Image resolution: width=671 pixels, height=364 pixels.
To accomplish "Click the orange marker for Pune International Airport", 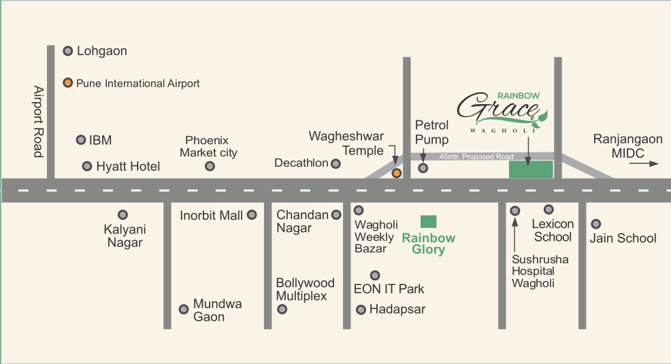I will (68, 83).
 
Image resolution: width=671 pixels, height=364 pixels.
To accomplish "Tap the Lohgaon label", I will (101, 51).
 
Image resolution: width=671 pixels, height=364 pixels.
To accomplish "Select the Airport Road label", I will (39, 122).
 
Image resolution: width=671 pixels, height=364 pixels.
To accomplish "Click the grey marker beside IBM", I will (80, 139).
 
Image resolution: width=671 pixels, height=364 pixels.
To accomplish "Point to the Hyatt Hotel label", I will (128, 167).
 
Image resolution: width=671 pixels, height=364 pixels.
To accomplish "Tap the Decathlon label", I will (301, 163).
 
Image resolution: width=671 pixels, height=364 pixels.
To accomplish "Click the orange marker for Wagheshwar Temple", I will (397, 173).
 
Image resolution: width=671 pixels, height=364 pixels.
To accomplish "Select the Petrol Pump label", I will (432, 132).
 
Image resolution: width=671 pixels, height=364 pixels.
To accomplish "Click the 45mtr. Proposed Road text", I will (476, 157).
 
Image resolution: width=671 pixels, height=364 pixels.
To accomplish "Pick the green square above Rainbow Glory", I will (428, 221).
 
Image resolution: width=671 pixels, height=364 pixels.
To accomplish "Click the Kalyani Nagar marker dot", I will (122, 214).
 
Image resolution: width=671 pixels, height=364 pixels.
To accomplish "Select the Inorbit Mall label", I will (211, 216).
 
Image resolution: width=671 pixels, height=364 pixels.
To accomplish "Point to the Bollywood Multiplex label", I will (305, 289).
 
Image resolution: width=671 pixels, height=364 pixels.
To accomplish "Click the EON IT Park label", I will (389, 289).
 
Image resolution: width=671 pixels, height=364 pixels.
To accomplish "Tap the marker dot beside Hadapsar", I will (361, 310).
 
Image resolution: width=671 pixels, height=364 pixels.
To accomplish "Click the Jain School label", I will (623, 238).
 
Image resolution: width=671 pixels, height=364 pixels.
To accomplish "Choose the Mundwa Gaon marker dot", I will (183, 309).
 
